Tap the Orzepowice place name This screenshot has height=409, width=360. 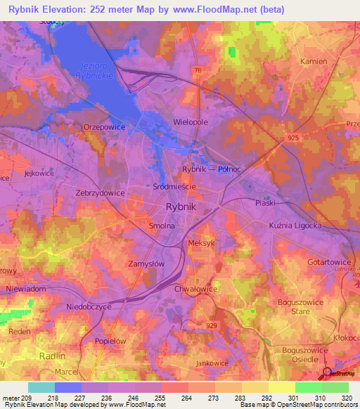pyautogui.click(x=104, y=127)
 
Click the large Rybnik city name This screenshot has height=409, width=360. pyautogui.click(x=185, y=207)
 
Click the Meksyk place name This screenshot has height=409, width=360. pyautogui.click(x=202, y=242)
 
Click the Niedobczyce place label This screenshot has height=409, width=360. pyautogui.click(x=84, y=306)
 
